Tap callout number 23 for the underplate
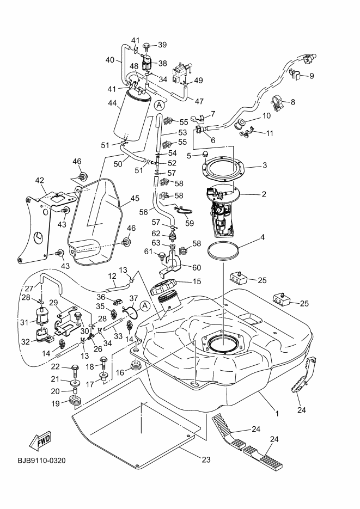tap(206, 459)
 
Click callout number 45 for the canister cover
tap(135, 199)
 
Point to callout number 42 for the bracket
tap(40, 180)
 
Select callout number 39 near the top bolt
tap(162, 45)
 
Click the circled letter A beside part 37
tap(145, 306)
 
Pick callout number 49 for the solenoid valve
tap(198, 81)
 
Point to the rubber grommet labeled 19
tap(76, 402)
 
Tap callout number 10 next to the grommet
tap(266, 115)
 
